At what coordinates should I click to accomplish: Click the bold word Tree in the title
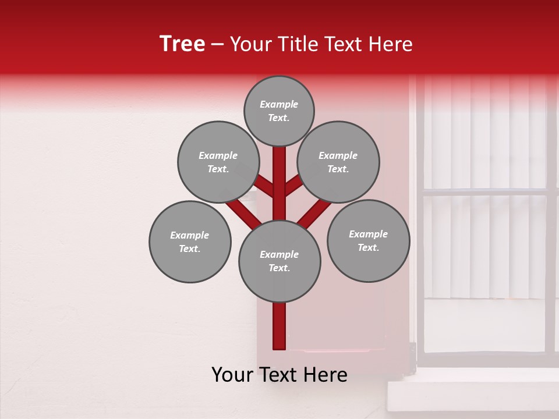182,44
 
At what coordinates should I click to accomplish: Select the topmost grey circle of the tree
279,111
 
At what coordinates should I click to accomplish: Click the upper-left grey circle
218,162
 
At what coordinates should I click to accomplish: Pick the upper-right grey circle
338,162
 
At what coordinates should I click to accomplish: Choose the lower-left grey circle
190,242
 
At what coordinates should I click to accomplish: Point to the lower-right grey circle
368,240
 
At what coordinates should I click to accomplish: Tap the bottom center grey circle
279,261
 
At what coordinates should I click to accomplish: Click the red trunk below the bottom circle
279,326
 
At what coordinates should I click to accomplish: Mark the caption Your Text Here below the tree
279,375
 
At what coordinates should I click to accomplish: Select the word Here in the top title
391,44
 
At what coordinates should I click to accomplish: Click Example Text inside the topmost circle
279,111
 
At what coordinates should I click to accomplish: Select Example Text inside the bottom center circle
279,261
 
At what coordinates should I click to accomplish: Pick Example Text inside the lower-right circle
368,240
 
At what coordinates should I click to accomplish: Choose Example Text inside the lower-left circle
190,242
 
